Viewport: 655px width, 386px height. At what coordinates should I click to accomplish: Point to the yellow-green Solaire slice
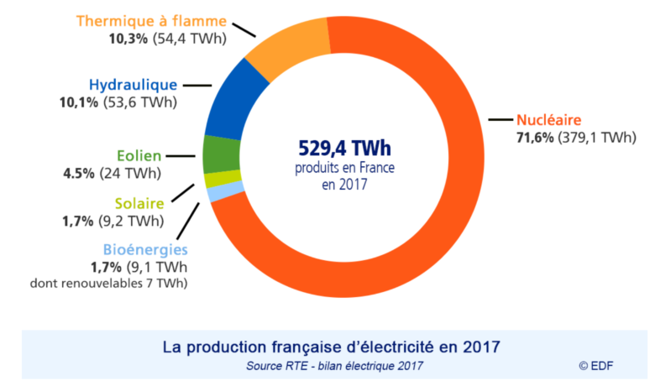(x=212, y=180)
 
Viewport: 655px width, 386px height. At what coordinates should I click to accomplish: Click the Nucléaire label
(x=549, y=119)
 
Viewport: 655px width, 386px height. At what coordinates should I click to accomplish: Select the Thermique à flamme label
(x=151, y=20)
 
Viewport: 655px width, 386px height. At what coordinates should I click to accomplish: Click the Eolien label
(x=139, y=156)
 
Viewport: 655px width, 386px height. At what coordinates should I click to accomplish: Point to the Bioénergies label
(x=145, y=249)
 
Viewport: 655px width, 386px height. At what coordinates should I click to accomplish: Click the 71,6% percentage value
(x=534, y=137)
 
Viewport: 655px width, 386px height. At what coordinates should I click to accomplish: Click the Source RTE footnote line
(x=334, y=365)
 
